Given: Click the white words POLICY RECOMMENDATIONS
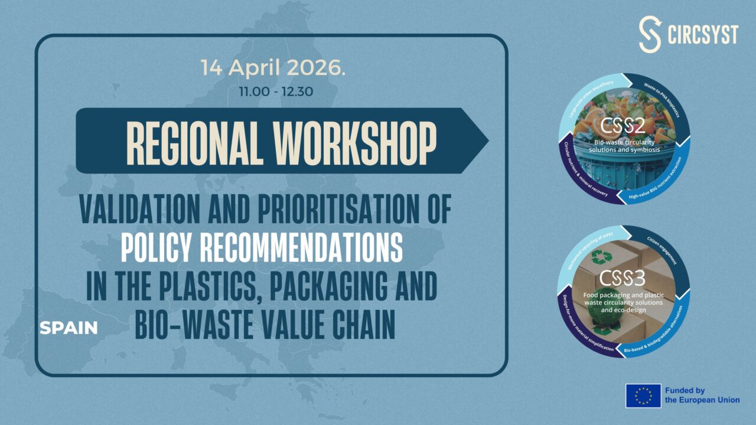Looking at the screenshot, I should click(x=262, y=249).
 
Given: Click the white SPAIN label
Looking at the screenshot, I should click(x=69, y=328).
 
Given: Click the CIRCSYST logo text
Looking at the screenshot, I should click(x=703, y=35).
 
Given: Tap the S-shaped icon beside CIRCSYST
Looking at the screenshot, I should click(x=650, y=35).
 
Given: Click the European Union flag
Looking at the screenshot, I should click(x=643, y=395).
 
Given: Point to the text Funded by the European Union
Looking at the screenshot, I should click(x=702, y=395).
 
